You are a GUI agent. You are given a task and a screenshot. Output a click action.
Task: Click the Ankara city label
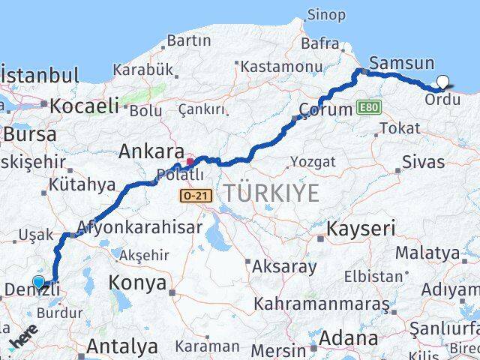point(148,151)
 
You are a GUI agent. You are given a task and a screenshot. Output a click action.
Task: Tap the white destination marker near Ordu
point(442,82)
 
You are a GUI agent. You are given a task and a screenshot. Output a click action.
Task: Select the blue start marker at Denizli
point(39,283)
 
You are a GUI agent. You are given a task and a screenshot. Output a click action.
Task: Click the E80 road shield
point(369,107)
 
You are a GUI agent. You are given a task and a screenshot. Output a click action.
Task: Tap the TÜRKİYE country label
point(270,193)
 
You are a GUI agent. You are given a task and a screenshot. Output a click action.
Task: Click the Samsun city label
point(402,64)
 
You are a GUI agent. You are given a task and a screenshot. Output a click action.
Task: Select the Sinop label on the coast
point(326,15)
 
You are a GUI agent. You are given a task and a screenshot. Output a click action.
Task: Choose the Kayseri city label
point(361,228)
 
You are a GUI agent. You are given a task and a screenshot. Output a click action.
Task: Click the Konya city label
point(137,283)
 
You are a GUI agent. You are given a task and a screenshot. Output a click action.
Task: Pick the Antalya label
point(122,346)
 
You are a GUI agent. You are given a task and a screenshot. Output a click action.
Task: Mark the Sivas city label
point(423,161)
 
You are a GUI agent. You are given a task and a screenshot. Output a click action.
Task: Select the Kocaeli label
point(85,106)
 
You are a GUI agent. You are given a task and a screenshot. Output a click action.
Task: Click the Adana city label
point(347,338)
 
